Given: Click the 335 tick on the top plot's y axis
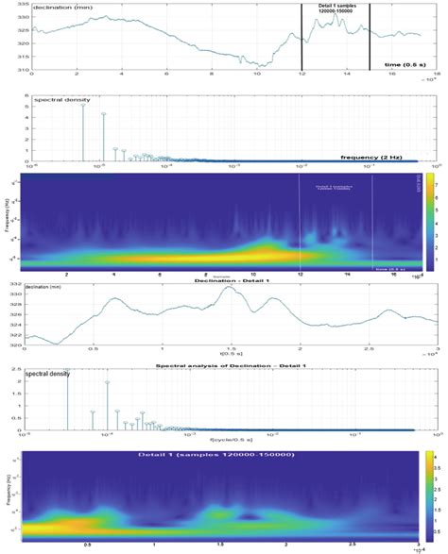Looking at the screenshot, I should coord(24,4).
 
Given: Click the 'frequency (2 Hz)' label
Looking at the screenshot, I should coord(373,158).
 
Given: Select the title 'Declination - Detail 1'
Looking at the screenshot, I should coord(225,281).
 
